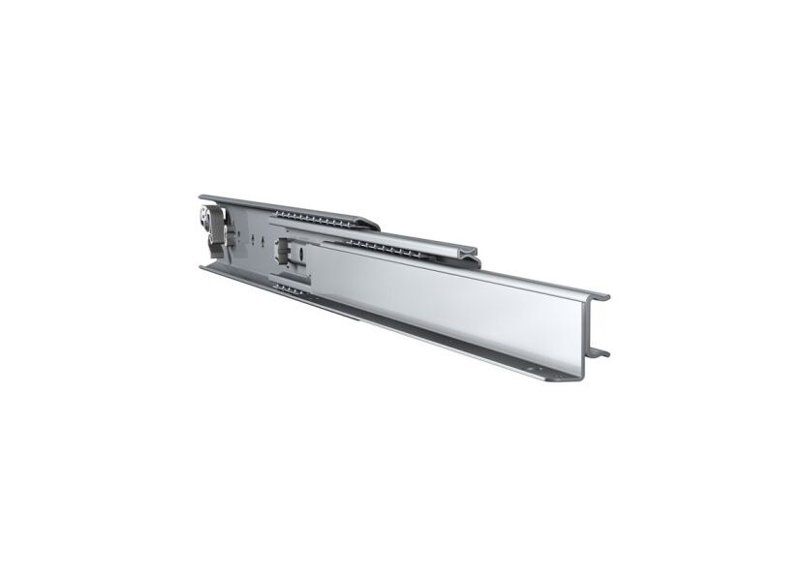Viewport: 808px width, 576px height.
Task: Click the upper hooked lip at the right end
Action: [603, 295]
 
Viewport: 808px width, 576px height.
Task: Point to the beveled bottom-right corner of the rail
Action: [573, 379]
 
